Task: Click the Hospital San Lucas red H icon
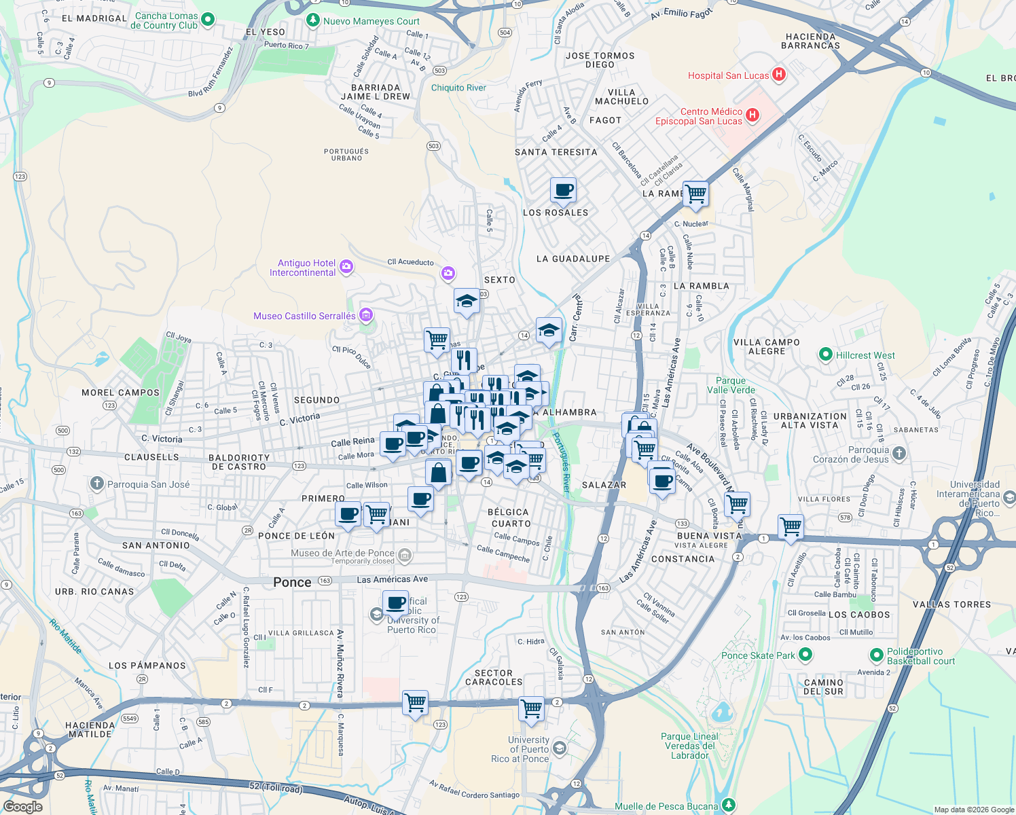[779, 75]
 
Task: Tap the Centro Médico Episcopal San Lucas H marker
[752, 115]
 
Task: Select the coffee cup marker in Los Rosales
[563, 191]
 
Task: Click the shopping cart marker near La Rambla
[695, 194]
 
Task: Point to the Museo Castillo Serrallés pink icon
[366, 315]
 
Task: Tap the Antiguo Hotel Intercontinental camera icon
[346, 267]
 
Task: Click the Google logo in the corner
[22, 806]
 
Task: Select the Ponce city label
[292, 582]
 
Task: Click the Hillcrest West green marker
[826, 355]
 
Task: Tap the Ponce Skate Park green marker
[805, 655]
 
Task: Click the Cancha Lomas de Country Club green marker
[208, 20]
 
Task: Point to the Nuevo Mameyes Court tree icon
[313, 20]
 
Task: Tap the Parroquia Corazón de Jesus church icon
[899, 454]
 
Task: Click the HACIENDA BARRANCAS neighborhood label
[810, 41]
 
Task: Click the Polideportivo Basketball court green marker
[877, 655]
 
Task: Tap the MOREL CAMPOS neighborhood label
[120, 393]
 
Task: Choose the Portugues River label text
[562, 462]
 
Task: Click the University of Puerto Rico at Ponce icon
[559, 748]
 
